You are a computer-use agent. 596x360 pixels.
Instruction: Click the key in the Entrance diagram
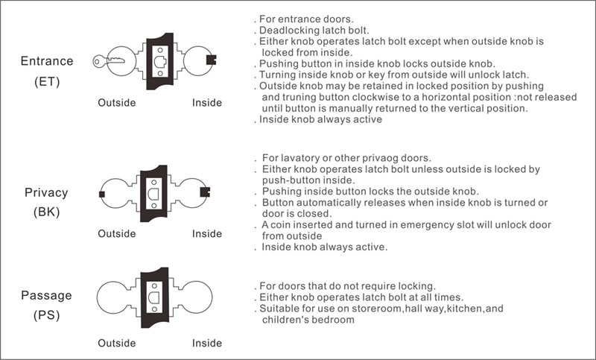coord(108,61)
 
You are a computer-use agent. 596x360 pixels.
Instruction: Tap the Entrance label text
coord(47,61)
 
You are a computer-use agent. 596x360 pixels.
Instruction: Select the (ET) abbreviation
coord(47,82)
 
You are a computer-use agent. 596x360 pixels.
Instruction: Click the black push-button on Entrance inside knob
coord(211,60)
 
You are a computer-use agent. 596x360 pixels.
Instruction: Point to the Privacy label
coord(46,193)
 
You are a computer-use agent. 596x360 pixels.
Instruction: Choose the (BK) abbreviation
coord(47,212)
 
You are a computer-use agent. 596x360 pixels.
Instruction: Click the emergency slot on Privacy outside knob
coord(101,195)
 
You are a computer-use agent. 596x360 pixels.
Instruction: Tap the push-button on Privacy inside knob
coord(205,192)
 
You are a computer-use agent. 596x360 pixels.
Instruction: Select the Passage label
coord(46,295)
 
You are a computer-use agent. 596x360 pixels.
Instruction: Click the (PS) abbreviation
coord(47,315)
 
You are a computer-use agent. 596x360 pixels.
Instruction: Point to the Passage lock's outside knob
coord(113,297)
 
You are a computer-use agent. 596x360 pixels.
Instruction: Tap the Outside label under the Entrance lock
coord(117,103)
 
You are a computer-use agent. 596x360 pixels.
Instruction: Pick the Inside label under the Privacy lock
coord(207,233)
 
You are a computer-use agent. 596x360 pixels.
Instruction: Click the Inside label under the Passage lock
coord(207,343)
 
